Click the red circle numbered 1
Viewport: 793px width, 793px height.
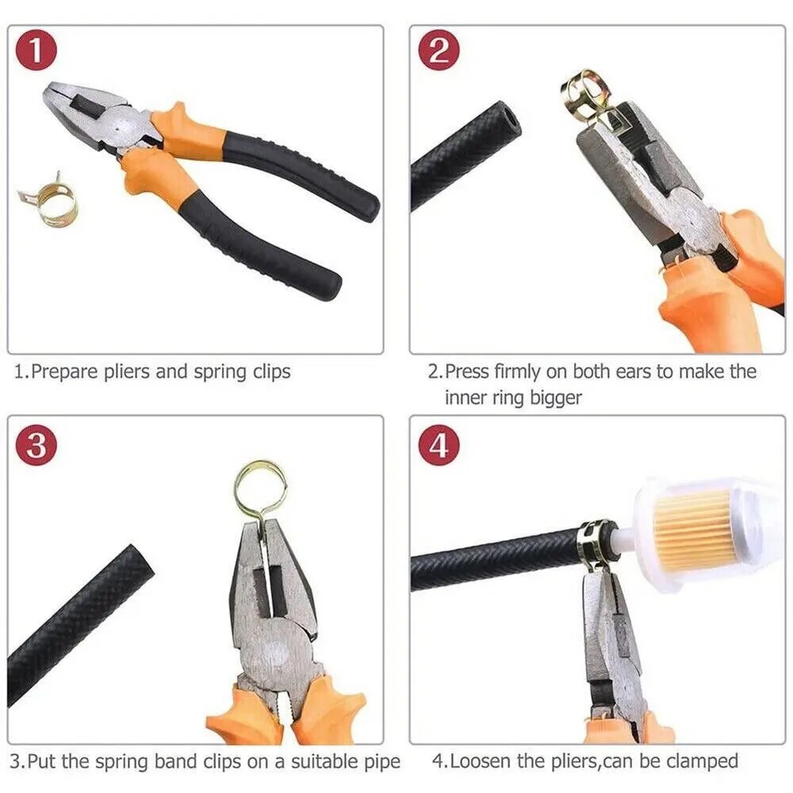pos(36,52)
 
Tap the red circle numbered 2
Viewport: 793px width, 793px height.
pos(439,52)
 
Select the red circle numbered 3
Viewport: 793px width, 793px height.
pos(36,446)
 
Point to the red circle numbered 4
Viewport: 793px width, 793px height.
pos(439,446)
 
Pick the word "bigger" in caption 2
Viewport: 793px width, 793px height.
pos(556,399)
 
